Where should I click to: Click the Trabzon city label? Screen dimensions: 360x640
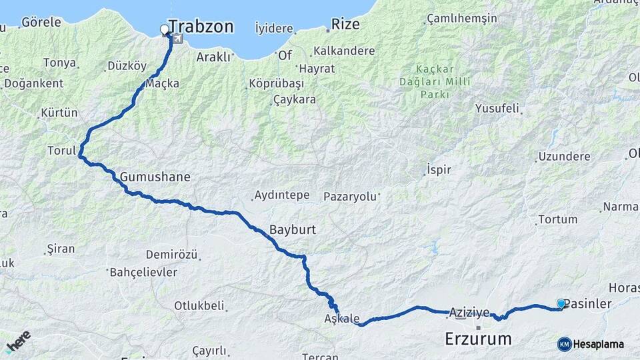pos(201,27)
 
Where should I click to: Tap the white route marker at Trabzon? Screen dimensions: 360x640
pos(165,29)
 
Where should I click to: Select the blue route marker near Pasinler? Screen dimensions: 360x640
pos(561,304)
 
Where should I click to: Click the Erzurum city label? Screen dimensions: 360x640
pos(478,338)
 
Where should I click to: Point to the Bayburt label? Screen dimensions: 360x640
pos(292,230)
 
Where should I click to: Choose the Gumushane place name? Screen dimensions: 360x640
pos(155,177)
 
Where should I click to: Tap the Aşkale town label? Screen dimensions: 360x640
pos(342,318)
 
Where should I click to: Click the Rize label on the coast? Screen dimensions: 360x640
pos(345,25)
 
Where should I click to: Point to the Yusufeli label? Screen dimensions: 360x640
pos(497,108)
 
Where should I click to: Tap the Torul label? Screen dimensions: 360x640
pos(62,151)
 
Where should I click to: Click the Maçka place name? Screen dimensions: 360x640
pos(163,83)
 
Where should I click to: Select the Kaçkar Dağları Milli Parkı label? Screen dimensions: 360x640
pos(444,81)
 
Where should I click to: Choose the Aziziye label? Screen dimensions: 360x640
pos(469,312)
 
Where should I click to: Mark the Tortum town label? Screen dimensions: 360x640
pos(557,219)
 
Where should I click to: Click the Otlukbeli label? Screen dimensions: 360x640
pos(199,306)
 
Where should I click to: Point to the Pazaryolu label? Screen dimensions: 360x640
pos(351,197)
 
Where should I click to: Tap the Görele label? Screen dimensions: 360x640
pos(41,22)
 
